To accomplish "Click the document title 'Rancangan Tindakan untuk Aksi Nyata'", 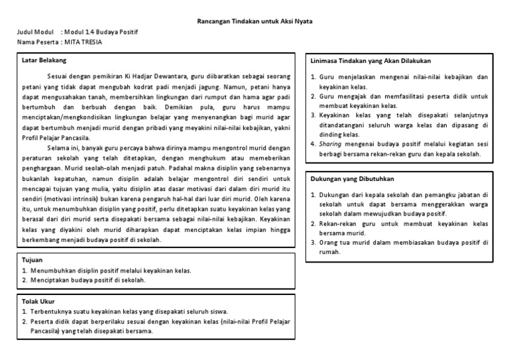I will point(255,21).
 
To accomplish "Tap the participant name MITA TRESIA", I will point(84,42).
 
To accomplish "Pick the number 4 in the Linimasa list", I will point(313,143).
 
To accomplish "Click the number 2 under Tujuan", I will point(24,280).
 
